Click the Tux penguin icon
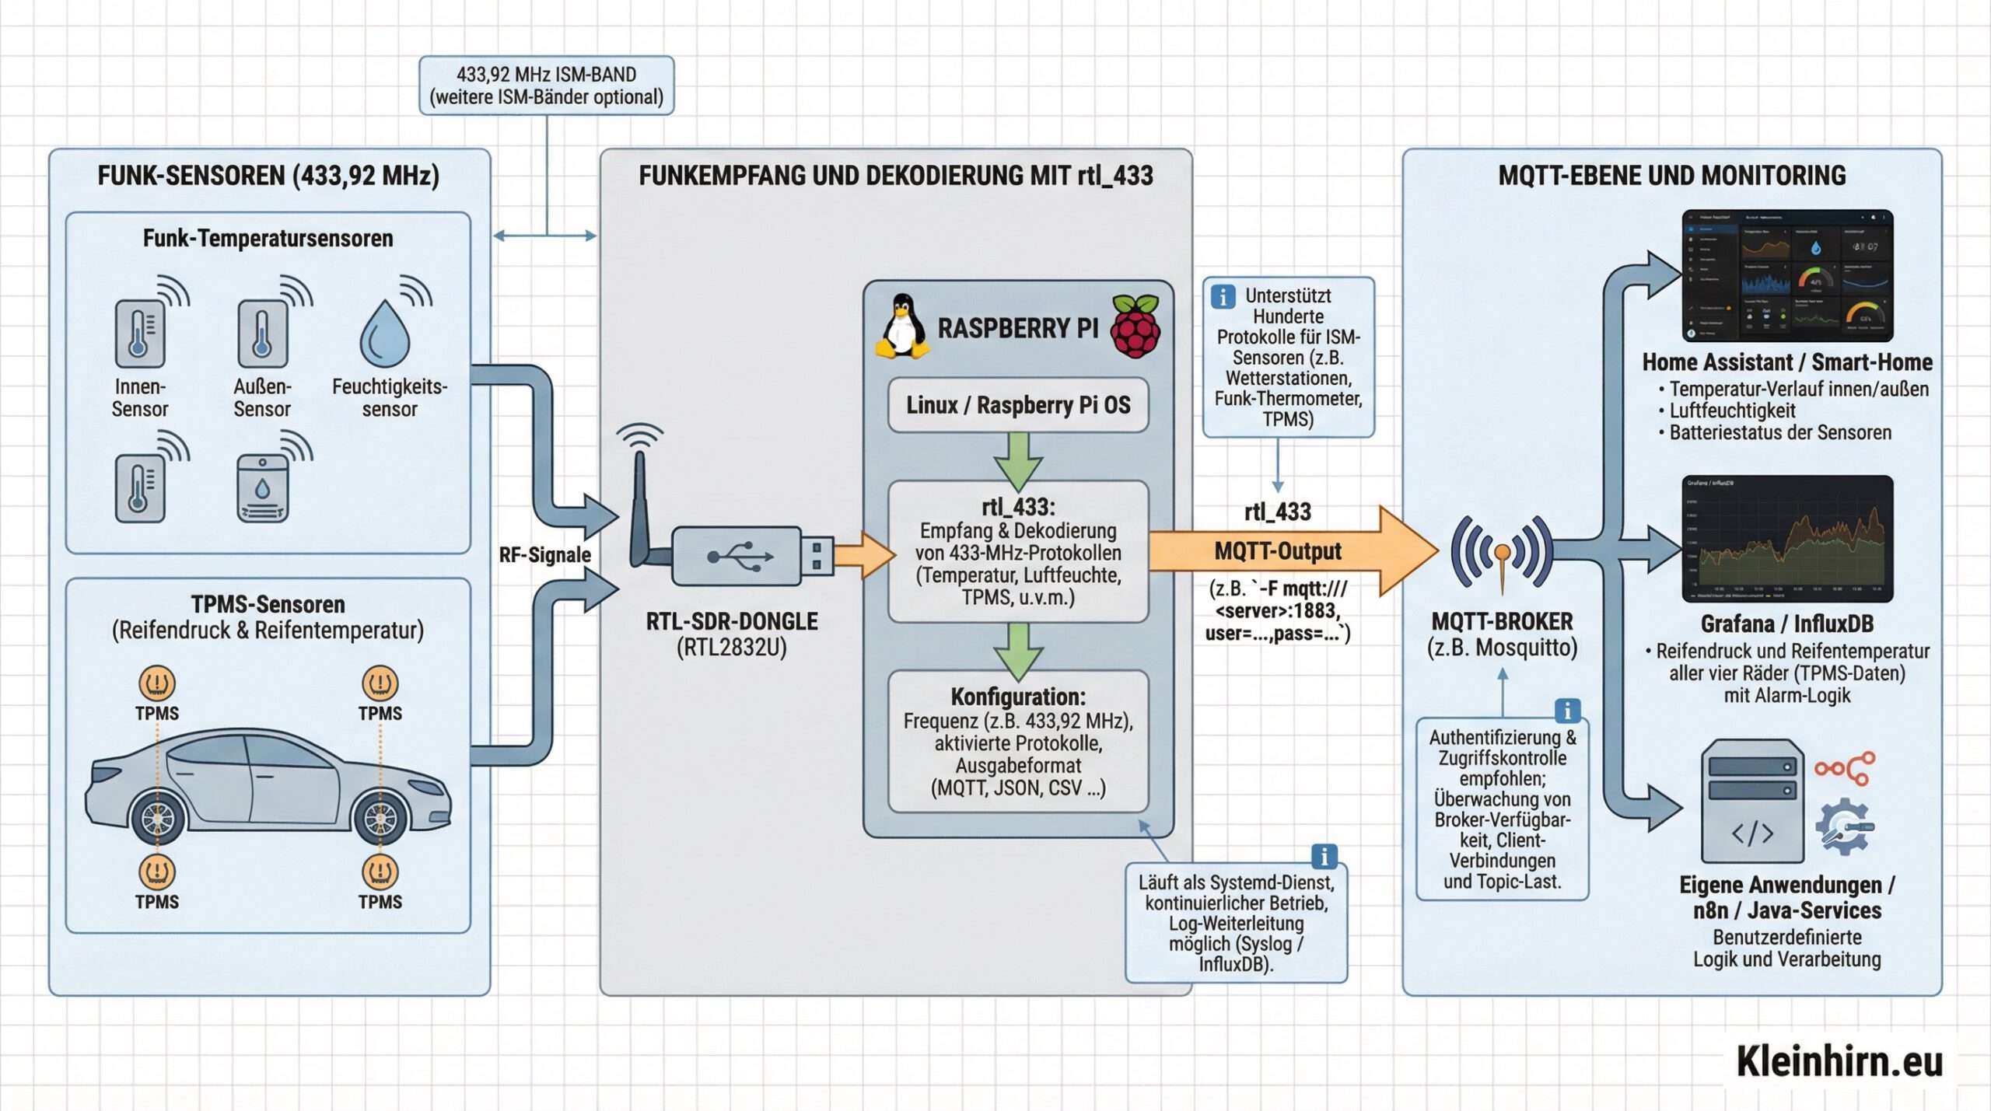[902, 327]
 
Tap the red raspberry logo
[1135, 327]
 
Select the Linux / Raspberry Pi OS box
[1018, 405]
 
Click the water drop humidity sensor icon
[384, 334]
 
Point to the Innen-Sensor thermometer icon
[140, 334]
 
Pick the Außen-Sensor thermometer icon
[262, 334]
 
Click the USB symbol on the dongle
[740, 556]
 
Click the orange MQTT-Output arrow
[1291, 551]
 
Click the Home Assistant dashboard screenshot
[1787, 275]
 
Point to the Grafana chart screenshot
[1787, 539]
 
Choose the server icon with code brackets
[1752, 801]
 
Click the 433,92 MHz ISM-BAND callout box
[546, 86]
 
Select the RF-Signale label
[544, 554]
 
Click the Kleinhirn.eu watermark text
[1839, 1062]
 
